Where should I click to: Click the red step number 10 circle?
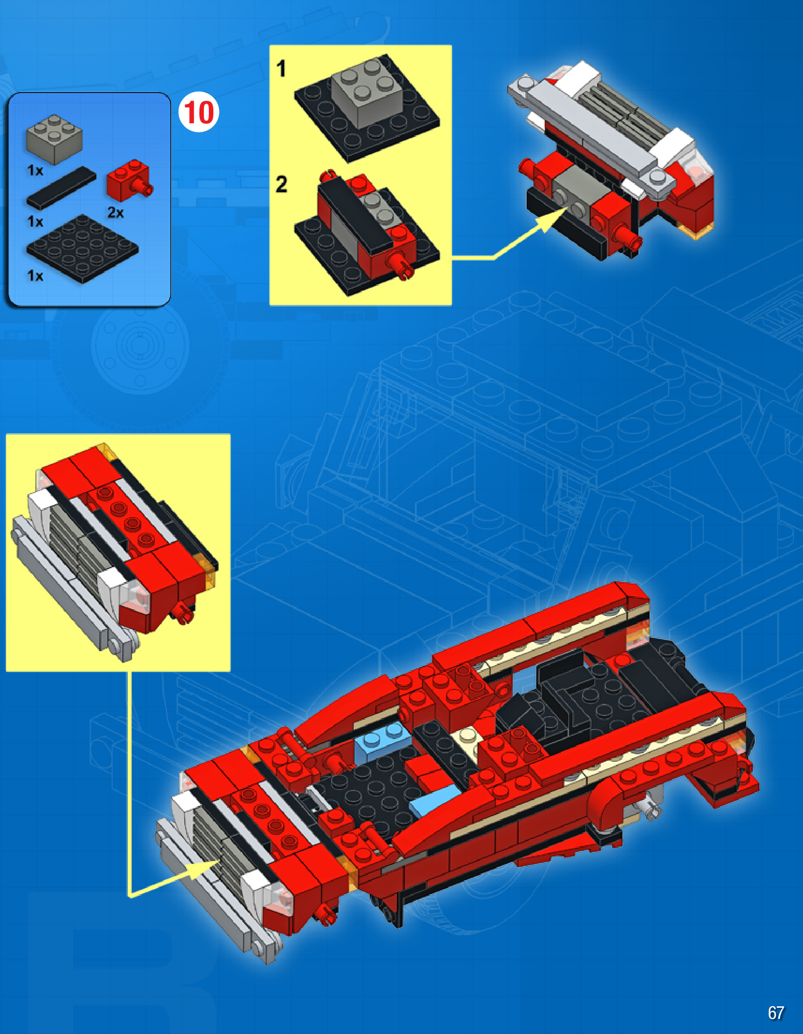pos(199,112)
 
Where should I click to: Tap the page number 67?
pos(775,1012)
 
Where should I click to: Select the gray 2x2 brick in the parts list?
pos(54,139)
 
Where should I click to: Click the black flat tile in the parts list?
pos(61,188)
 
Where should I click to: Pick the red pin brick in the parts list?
pos(128,180)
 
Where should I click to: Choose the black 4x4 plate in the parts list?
pos(83,248)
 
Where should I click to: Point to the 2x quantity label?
pos(116,212)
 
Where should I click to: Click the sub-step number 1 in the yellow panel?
pos(281,68)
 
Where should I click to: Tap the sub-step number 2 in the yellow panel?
pos(281,184)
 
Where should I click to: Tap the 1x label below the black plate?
pos(35,276)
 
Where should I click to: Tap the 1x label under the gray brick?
pos(35,171)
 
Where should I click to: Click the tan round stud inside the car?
pos(468,735)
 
